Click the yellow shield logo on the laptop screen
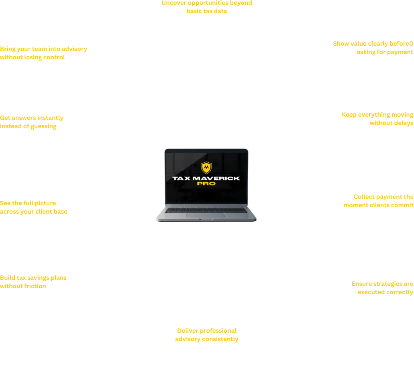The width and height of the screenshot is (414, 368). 206,168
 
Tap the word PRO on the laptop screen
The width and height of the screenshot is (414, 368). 206,184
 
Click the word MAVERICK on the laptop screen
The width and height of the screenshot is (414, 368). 216,178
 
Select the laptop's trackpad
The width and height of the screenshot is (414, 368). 206,215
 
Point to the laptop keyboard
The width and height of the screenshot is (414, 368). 206,210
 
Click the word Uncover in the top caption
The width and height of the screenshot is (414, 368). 174,3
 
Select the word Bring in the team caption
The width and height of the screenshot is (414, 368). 8,49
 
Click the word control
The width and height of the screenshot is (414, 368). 54,57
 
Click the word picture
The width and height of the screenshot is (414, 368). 45,203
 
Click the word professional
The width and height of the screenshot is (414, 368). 217,331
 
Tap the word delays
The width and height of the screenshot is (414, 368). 404,123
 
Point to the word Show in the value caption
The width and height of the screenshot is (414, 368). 341,44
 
